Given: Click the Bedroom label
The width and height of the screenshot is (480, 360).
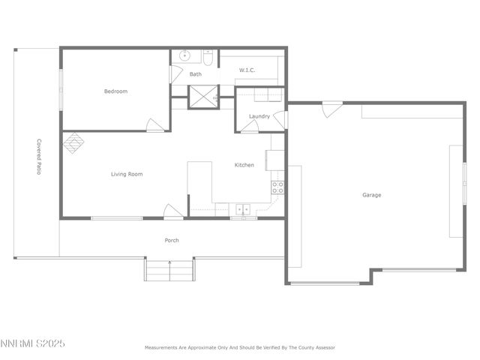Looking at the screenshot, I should [115, 91].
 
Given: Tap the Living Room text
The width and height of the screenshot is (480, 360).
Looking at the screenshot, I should [127, 174].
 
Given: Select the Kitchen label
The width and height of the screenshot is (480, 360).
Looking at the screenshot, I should [244, 165].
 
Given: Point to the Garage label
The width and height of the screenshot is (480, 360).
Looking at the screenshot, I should [372, 195].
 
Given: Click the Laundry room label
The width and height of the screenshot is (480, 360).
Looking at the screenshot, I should [259, 116].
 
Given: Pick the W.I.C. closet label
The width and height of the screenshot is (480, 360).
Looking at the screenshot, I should [247, 70].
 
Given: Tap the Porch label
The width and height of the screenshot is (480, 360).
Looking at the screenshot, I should [172, 240].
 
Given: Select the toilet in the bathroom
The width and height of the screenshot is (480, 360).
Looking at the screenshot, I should [210, 57].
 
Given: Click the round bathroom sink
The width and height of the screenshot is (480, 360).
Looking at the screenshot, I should [186, 55].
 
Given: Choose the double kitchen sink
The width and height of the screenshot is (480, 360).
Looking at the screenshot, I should [243, 210].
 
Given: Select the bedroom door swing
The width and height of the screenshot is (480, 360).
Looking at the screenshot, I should [156, 125].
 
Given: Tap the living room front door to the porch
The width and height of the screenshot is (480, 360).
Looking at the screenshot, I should [173, 212].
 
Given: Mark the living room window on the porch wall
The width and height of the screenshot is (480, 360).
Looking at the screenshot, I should [116, 218].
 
